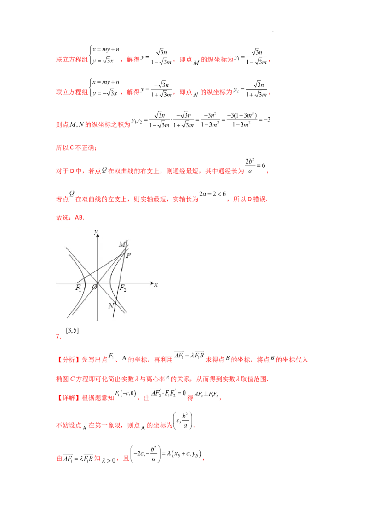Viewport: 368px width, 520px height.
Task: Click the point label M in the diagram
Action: pyautogui.click(x=122, y=244)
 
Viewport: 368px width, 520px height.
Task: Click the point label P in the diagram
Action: pyautogui.click(x=128, y=255)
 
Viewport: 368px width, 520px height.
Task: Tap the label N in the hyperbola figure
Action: pyautogui.click(x=111, y=306)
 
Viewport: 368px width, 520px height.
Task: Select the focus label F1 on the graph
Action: pyautogui.click(x=78, y=288)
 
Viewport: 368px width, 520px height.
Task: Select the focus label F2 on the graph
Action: pyautogui.click(x=122, y=288)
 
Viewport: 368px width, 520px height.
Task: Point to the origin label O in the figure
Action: pyautogui.click(x=94, y=287)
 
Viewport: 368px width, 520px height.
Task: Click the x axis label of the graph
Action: pyautogui.click(x=156, y=284)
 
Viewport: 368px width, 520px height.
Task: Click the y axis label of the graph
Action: pyautogui.click(x=96, y=232)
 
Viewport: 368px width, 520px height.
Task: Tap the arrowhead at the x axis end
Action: pyautogui.click(x=153, y=283)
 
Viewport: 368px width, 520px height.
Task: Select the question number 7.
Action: pyautogui.click(x=58, y=336)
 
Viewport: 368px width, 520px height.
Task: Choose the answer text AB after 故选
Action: pyautogui.click(x=80, y=218)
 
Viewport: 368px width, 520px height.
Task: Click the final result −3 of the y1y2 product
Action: pyautogui.click(x=267, y=120)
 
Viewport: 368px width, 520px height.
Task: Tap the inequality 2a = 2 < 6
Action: pyautogui.click(x=213, y=194)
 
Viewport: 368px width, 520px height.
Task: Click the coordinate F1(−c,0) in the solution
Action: pyautogui.click(x=126, y=394)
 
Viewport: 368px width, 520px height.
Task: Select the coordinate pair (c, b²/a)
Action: pyautogui.click(x=183, y=421)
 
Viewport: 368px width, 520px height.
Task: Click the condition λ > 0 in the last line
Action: pyautogui.click(x=109, y=460)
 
